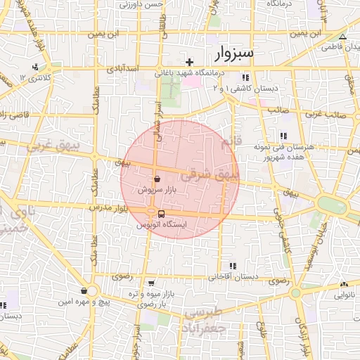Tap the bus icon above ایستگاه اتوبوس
(x=162, y=214)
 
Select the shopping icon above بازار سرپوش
(x=156, y=179)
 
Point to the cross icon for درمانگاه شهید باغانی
(x=189, y=63)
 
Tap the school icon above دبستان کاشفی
(x=245, y=77)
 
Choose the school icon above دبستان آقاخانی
(x=231, y=266)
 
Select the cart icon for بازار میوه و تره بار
(x=151, y=283)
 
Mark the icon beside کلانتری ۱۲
(x=34, y=67)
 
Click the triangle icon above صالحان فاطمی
(x=342, y=37)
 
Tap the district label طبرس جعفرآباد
(x=202, y=319)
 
